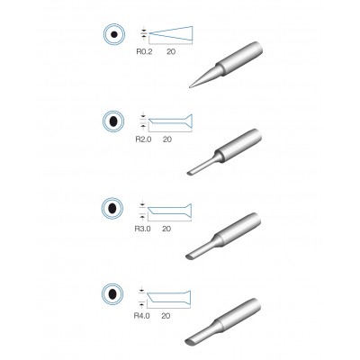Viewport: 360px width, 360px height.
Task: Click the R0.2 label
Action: pyautogui.click(x=144, y=52)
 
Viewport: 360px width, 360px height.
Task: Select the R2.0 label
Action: pyautogui.click(x=143, y=139)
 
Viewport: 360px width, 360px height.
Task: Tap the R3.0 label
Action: pyautogui.click(x=142, y=229)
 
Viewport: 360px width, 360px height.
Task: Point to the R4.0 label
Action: pyautogui.click(x=141, y=316)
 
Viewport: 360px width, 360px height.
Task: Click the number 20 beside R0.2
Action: pyautogui.click(x=171, y=52)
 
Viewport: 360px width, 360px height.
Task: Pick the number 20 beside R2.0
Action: pyautogui.click(x=167, y=139)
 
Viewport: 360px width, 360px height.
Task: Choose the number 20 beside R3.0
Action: pyautogui.click(x=166, y=229)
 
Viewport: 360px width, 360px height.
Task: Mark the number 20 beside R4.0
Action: pyautogui.click(x=166, y=316)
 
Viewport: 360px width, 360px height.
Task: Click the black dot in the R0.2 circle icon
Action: pyautogui.click(x=114, y=35)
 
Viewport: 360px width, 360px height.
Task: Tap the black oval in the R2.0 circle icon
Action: pyautogui.click(x=113, y=121)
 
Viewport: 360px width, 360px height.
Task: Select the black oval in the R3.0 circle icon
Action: pyautogui.click(x=112, y=208)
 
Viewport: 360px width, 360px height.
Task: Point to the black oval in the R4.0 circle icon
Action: pyautogui.click(x=112, y=294)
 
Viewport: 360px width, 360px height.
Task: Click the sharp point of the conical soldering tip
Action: pyautogui.click(x=190, y=87)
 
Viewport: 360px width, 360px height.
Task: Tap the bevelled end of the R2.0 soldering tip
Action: pyautogui.click(x=190, y=173)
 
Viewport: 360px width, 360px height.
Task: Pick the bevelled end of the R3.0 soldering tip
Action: pyautogui.click(x=190, y=256)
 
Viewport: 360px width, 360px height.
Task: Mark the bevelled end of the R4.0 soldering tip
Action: pyautogui.click(x=190, y=341)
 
